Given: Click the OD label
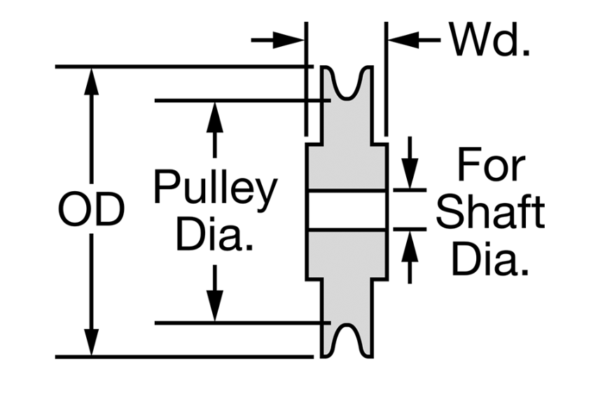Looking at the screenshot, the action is [x=91, y=209].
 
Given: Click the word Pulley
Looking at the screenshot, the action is [x=216, y=190].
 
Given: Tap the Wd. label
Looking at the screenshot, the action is [x=489, y=39].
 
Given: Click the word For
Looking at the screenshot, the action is [x=492, y=165].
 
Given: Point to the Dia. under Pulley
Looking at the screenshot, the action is [x=215, y=233].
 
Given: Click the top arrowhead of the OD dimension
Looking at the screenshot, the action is [x=91, y=81].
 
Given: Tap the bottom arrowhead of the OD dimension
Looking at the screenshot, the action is [x=91, y=342].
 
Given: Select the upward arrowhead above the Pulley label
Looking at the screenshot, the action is [x=215, y=117].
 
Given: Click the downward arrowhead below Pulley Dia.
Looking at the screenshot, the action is [x=215, y=306].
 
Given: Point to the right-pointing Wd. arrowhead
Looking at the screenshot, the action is [x=288, y=40].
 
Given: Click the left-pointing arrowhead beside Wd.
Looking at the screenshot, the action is [x=403, y=40].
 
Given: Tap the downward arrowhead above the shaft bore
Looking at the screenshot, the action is [x=410, y=173].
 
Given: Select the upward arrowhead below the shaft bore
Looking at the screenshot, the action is [x=410, y=246].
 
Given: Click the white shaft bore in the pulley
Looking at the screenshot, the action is [x=347, y=209].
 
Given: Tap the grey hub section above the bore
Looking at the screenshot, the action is [x=347, y=166].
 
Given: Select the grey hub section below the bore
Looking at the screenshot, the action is [x=347, y=255].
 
